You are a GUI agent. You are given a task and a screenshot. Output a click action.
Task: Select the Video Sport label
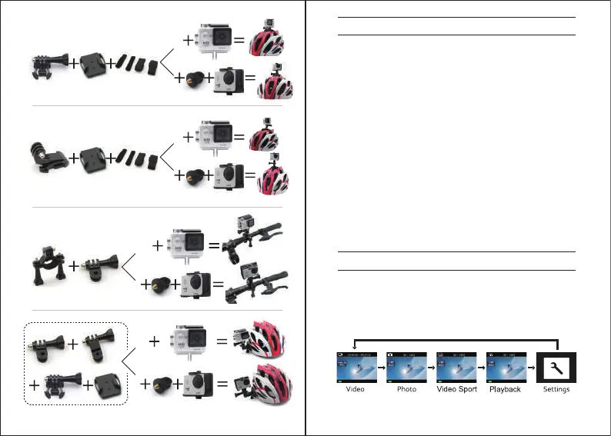[x=456, y=389]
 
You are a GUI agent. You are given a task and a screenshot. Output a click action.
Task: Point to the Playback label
[x=505, y=389]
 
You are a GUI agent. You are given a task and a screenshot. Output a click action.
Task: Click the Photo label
[x=406, y=389]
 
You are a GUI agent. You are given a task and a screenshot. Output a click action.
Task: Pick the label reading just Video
[x=356, y=389]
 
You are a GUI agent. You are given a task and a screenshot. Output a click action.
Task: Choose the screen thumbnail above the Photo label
[x=406, y=367]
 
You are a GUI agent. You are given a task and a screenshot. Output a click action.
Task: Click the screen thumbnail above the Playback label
[x=506, y=367]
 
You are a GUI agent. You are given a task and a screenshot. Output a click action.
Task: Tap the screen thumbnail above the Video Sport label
[x=456, y=367]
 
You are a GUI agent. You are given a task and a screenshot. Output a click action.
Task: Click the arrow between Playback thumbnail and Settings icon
[x=531, y=368]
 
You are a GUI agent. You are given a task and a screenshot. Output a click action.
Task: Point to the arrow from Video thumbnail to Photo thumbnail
[x=381, y=368]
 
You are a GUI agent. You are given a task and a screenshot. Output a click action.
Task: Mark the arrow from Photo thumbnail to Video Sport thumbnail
[x=431, y=368]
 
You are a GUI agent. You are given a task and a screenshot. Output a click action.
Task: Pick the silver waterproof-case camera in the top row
[x=218, y=40]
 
